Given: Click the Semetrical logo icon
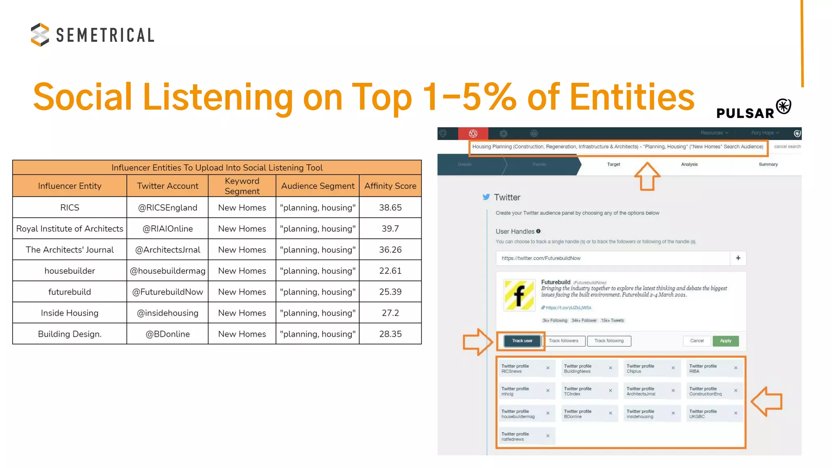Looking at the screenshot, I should [x=40, y=35].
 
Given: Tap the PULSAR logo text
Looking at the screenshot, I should [x=745, y=113].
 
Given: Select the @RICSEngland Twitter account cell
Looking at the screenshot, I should [x=167, y=208].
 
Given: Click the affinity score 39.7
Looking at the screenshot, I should [x=390, y=229].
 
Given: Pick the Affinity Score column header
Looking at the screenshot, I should [x=390, y=186].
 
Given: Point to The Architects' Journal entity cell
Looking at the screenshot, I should [x=69, y=250].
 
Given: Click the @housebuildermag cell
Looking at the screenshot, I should [x=167, y=271].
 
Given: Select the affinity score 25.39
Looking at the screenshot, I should [x=390, y=292].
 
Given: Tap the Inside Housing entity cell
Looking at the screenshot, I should [x=69, y=313].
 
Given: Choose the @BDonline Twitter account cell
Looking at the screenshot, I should [x=167, y=334].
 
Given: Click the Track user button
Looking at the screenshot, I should [x=522, y=341].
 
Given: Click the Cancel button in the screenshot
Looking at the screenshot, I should [x=697, y=341].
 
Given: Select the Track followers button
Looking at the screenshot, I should [x=563, y=341].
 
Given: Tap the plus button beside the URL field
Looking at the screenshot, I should [x=738, y=258].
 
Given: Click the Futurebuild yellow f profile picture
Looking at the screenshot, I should [x=519, y=295].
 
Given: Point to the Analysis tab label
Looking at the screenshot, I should [x=689, y=165].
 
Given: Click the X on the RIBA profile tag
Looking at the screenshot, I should [x=735, y=368].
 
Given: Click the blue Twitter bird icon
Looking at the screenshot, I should [x=486, y=197].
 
